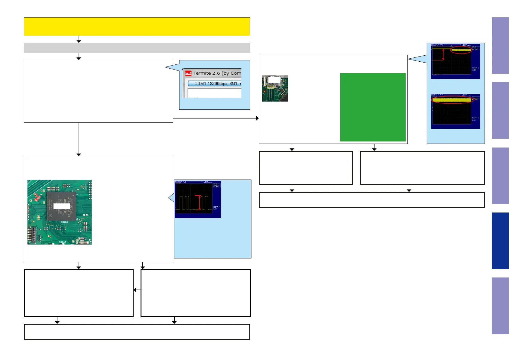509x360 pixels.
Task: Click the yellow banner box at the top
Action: (137, 27)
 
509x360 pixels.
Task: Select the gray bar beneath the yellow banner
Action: (137, 48)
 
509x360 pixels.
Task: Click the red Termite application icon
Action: (188, 73)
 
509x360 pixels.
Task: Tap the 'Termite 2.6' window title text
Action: (217, 73)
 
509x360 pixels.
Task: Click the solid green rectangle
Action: (373, 107)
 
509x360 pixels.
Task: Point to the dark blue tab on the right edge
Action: (500, 241)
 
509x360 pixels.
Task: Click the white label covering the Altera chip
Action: (62, 206)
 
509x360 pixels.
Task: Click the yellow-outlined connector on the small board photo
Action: (270, 87)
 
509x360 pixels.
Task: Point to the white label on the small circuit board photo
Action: (274, 80)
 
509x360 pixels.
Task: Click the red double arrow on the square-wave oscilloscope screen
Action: (199, 203)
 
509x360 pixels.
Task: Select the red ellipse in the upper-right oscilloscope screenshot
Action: (461, 50)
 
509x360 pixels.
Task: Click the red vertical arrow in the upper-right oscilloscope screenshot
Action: (443, 54)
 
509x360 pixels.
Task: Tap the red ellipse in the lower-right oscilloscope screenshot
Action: (452, 99)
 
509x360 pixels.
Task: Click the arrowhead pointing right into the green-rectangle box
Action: (257, 118)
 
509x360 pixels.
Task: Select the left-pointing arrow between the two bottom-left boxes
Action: (135, 290)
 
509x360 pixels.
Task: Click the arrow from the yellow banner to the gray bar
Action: (79, 40)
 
